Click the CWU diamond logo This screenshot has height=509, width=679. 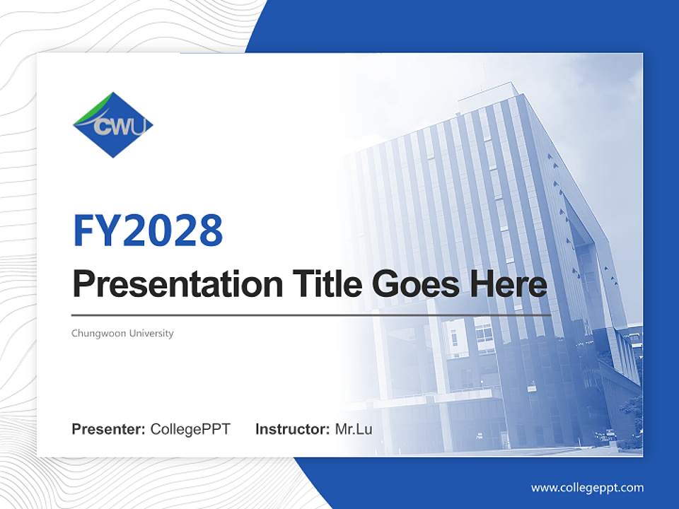(113, 125)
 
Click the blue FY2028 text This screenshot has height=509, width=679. (148, 230)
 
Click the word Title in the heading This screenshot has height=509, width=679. (318, 284)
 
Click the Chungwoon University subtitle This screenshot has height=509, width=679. (122, 333)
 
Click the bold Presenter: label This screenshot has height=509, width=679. (109, 429)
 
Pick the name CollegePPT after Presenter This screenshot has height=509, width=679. (190, 429)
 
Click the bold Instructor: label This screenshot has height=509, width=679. (292, 429)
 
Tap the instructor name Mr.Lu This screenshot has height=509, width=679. (353, 429)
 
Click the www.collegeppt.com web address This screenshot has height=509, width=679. (587, 488)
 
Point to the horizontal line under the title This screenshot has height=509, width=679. (311, 315)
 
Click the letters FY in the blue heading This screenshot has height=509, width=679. (96, 230)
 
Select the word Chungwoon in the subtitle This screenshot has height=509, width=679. (98, 333)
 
